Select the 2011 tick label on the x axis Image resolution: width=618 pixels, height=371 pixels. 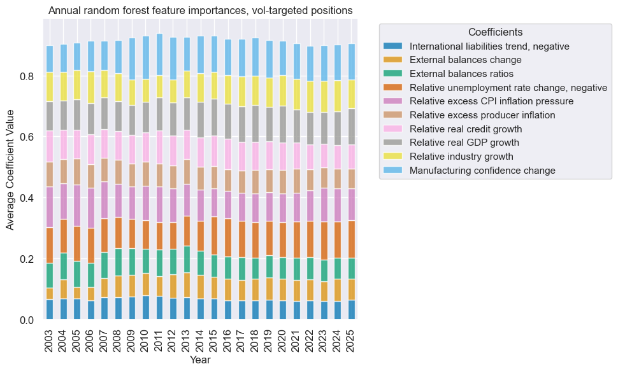(x=160, y=337)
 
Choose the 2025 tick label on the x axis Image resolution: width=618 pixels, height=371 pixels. (x=352, y=337)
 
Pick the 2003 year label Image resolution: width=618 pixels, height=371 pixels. (x=50, y=337)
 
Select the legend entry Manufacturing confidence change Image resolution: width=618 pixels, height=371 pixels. (x=483, y=170)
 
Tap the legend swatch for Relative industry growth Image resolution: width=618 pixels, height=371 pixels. (x=393, y=157)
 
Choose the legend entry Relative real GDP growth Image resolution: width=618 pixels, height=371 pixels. (x=465, y=143)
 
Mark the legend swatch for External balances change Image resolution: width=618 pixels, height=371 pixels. (x=393, y=60)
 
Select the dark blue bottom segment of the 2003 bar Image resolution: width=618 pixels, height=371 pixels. (x=50, y=309)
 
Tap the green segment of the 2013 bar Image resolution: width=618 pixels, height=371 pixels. (x=187, y=260)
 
